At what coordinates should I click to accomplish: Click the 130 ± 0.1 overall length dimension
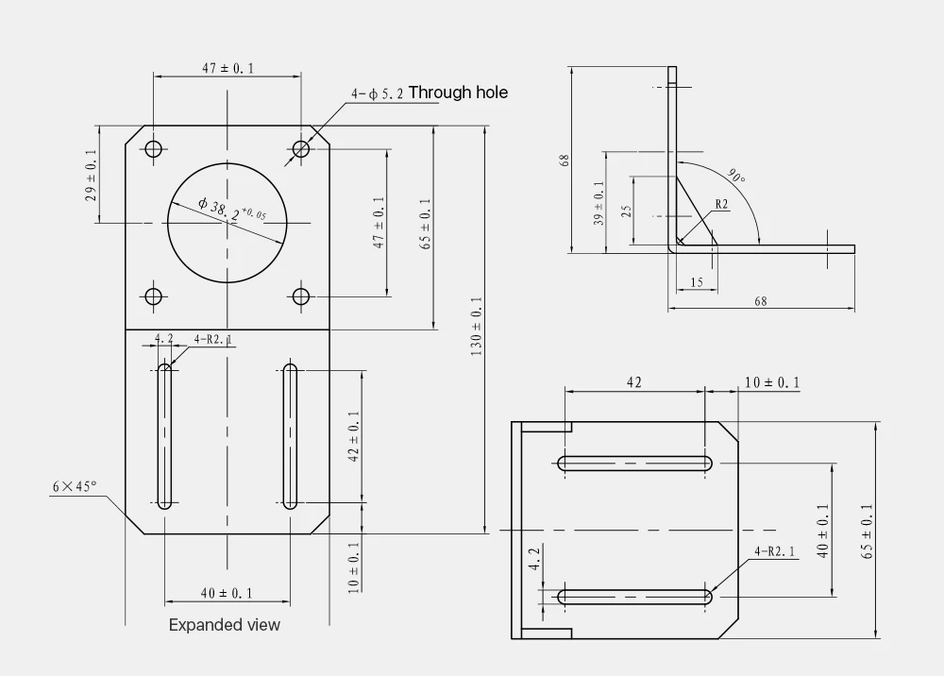pyautogui.click(x=476, y=326)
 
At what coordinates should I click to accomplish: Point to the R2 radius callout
pyautogui.click(x=721, y=204)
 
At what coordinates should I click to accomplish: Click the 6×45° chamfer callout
pyautogui.click(x=75, y=486)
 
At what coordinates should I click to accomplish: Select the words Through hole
pyautogui.click(x=458, y=92)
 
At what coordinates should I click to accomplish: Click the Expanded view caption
pyautogui.click(x=224, y=624)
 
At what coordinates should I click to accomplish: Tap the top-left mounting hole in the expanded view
pyautogui.click(x=153, y=148)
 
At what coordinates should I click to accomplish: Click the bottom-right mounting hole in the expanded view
pyautogui.click(x=301, y=296)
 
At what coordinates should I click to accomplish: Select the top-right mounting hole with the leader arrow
pyautogui.click(x=301, y=148)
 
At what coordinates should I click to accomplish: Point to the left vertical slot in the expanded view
pyautogui.click(x=165, y=436)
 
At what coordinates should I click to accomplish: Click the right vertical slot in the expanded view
pyautogui.click(x=290, y=436)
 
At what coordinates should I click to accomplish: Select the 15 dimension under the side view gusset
pyautogui.click(x=697, y=282)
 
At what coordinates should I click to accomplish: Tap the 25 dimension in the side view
pyautogui.click(x=626, y=211)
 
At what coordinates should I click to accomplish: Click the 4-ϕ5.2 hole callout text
pyautogui.click(x=377, y=94)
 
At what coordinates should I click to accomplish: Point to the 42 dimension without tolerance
pyautogui.click(x=633, y=382)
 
